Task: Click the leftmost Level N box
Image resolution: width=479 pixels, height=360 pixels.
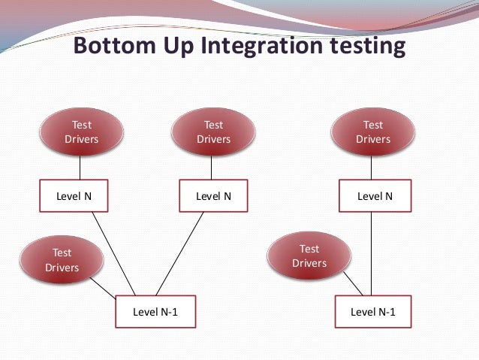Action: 74,196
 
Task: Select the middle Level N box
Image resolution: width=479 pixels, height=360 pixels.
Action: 213,196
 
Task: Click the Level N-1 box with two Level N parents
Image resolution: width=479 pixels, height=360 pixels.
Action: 155,312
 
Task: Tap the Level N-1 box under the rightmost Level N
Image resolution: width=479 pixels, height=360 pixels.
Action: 373,312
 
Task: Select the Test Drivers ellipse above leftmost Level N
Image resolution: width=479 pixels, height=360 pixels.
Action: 80,132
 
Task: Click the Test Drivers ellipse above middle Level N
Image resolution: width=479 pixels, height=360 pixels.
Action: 213,132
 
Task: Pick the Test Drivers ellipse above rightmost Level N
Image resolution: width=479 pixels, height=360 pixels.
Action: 372,132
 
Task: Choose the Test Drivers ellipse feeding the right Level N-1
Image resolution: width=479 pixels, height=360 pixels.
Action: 309,256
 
